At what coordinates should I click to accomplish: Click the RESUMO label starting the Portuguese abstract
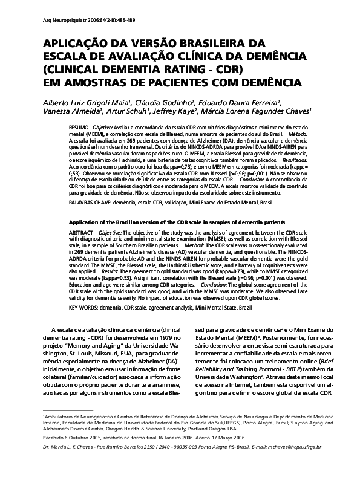tap(80, 129)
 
